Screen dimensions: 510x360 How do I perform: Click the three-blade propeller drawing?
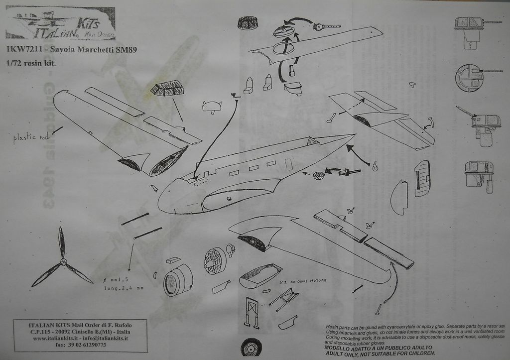click(x=62, y=261)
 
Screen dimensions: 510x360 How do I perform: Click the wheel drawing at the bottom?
click(x=252, y=347)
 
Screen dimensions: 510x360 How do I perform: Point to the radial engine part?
click(x=215, y=260)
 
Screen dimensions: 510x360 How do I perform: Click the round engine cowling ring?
click(x=177, y=280)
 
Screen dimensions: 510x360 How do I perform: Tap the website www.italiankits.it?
click(x=56, y=338)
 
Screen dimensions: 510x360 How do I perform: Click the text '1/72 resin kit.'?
click(x=31, y=63)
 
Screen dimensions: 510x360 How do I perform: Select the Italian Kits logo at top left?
click(x=60, y=23)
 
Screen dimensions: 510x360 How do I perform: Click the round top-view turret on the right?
click(x=470, y=78)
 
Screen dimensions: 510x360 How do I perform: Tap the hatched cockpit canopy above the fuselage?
click(x=167, y=89)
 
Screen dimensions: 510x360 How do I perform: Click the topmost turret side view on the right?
click(x=471, y=27)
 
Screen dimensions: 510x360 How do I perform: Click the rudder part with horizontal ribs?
click(x=422, y=178)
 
